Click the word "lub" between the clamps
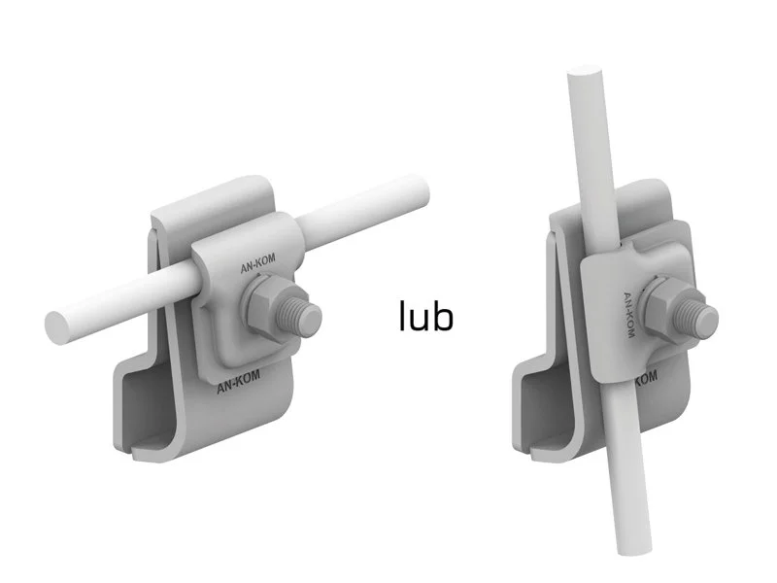[x=426, y=316]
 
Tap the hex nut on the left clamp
[x=265, y=308]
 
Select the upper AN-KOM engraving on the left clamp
[x=257, y=263]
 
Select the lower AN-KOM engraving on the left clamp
[x=238, y=382]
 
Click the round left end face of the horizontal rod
[x=58, y=329]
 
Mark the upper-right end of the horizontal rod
[x=417, y=190]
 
